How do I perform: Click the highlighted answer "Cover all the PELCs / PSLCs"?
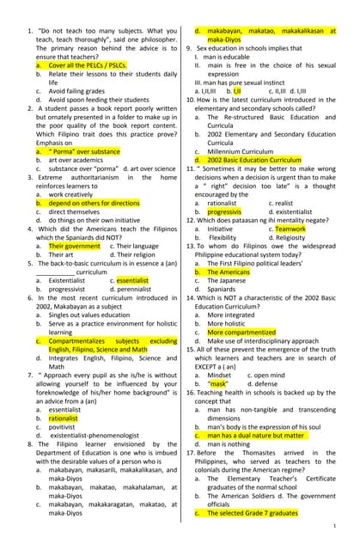[88, 65]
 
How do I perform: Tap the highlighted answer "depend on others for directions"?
[94, 203]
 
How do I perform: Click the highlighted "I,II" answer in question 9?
[236, 89]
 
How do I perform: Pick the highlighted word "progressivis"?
[224, 211]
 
